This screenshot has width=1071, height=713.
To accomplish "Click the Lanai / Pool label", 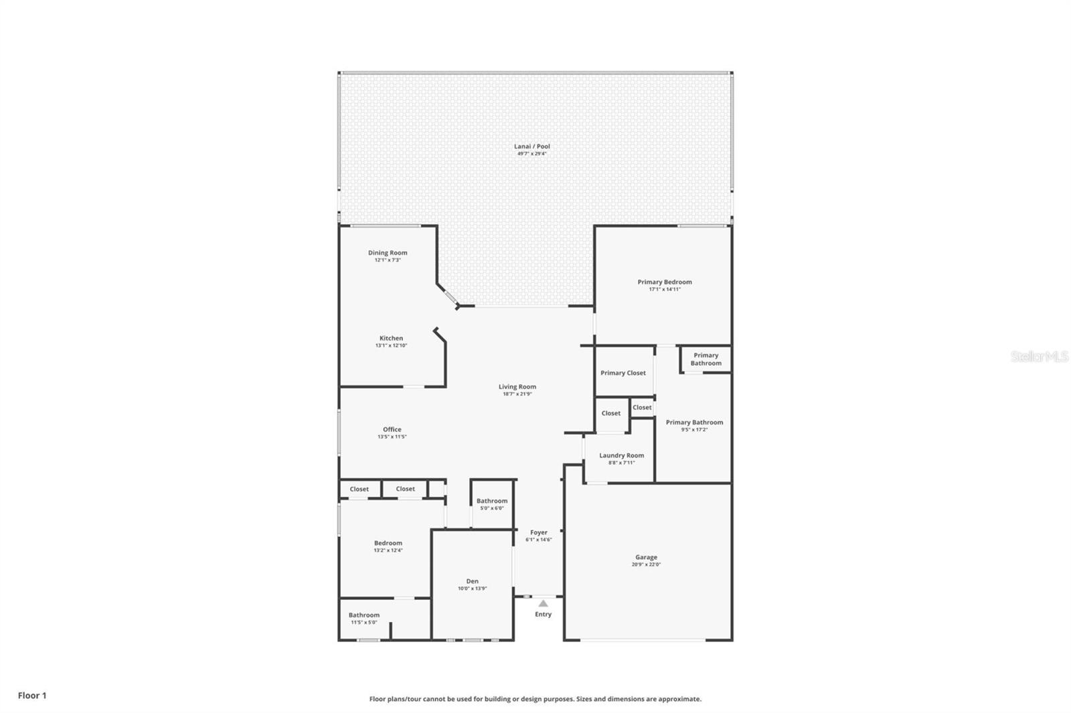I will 532,146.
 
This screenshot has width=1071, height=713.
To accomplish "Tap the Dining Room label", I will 388,253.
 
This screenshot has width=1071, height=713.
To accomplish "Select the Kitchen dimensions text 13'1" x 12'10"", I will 391,346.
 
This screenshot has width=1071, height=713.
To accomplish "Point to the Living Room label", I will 517,387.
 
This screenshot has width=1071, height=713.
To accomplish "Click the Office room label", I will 392,429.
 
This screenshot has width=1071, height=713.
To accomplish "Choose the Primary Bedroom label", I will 664,282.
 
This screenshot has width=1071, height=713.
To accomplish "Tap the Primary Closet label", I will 623,373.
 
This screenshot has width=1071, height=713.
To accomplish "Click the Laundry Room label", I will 621,455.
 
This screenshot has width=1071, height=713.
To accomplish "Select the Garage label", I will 646,557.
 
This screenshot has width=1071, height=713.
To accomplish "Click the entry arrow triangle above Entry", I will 543,603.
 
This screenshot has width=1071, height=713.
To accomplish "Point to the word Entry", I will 543,614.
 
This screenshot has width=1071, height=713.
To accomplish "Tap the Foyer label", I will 538,532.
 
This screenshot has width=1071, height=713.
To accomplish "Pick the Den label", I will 472,581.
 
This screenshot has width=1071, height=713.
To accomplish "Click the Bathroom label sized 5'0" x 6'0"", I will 492,501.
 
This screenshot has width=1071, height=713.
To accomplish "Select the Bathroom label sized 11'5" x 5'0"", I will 363,615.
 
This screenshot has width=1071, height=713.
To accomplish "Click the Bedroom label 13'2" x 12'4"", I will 388,543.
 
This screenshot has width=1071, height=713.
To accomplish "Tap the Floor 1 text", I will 32,696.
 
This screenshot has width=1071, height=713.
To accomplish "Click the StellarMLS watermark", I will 1039,356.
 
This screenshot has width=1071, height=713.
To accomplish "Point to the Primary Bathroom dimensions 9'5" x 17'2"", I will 694,430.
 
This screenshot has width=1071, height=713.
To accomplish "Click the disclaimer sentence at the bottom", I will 535,699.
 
